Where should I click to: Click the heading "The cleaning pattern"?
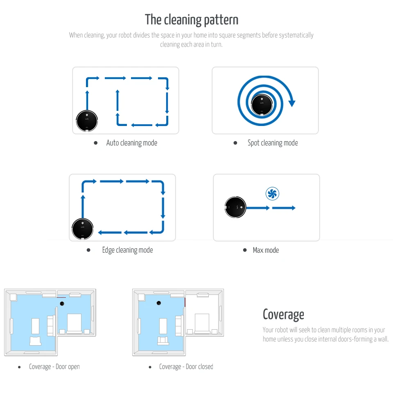click(191, 20)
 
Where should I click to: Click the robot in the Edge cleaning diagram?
click(83, 228)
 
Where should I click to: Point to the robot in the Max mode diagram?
click(236, 207)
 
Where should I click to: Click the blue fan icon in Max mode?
click(272, 193)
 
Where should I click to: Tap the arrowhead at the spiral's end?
click(291, 102)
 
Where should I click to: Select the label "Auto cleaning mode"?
click(131, 143)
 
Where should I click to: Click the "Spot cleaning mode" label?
click(273, 143)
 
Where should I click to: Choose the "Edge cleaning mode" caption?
click(127, 250)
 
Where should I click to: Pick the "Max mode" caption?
click(266, 250)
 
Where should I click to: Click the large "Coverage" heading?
click(283, 315)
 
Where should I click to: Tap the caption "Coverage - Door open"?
click(54, 366)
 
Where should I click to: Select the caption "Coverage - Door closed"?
click(186, 366)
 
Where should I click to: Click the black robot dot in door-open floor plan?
click(62, 303)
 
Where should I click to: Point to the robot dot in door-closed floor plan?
click(158, 303)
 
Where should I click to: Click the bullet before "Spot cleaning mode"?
click(235, 143)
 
